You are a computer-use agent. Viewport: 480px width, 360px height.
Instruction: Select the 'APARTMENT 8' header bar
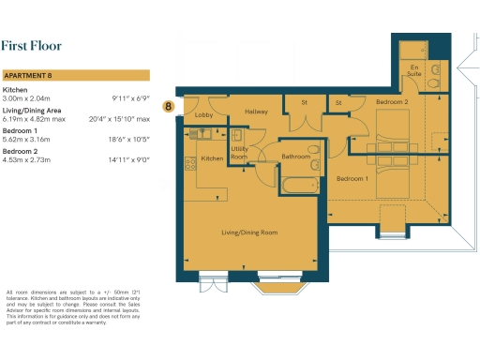pos(75,74)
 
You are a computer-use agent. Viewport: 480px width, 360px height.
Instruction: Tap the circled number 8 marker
pos(169,107)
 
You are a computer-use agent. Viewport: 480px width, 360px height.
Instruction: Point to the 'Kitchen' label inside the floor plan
pos(212,159)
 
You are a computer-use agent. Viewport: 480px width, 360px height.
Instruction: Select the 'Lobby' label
pos(203,114)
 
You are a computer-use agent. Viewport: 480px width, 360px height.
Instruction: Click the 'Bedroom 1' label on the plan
pos(352,178)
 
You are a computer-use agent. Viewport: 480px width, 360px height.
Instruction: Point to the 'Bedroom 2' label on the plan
pos(392,100)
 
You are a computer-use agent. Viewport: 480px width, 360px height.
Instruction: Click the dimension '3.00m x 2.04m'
pos(25,97)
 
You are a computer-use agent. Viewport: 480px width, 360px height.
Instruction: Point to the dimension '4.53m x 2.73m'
pos(25,160)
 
